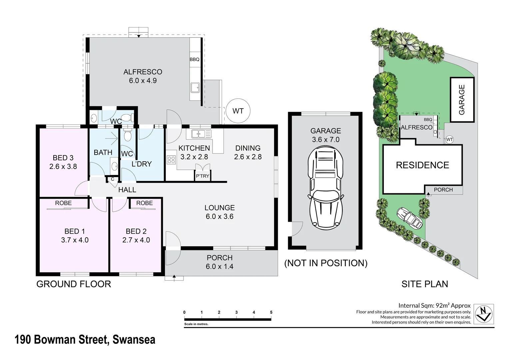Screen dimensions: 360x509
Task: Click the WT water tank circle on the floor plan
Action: (x=238, y=111)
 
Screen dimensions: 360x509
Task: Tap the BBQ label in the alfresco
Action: (x=195, y=60)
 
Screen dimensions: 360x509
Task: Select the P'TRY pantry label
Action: (x=203, y=176)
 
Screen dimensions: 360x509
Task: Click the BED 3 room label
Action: (x=63, y=158)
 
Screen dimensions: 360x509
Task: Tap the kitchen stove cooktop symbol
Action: (x=171, y=160)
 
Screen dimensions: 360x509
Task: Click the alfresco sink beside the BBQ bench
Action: (x=195, y=88)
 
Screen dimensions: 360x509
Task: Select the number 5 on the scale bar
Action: (x=271, y=312)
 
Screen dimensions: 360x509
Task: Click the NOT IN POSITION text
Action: (x=325, y=263)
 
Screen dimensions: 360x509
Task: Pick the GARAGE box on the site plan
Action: (x=462, y=100)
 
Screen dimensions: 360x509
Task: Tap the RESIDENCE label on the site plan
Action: (x=422, y=165)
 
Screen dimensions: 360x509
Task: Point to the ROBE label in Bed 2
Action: (x=144, y=203)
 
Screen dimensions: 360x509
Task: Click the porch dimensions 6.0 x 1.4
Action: (x=219, y=266)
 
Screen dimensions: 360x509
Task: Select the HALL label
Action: (x=127, y=190)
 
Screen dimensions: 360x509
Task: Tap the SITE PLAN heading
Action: (x=425, y=284)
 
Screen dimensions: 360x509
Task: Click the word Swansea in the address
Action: (x=134, y=340)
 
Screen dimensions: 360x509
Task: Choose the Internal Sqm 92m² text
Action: (x=434, y=305)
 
